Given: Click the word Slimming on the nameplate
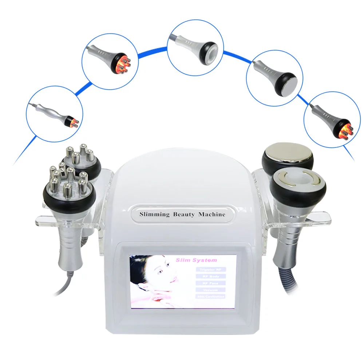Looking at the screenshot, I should click(x=155, y=214).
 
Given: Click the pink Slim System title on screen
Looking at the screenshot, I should click(x=201, y=260).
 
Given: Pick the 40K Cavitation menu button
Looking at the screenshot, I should click(x=211, y=297).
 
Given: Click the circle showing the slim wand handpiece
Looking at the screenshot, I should click(x=55, y=114).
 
